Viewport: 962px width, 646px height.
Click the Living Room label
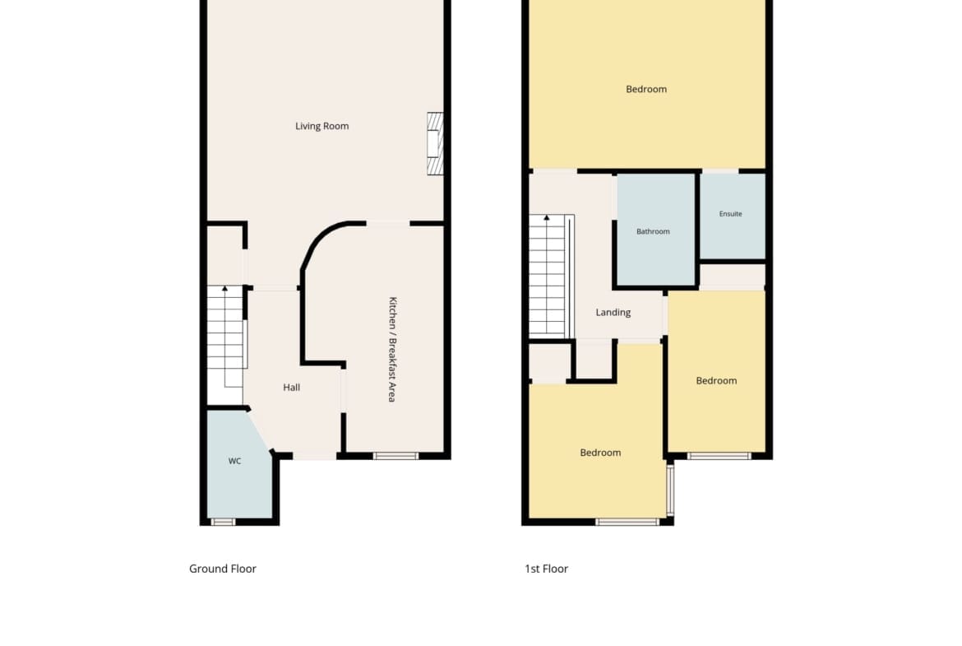pos(322,126)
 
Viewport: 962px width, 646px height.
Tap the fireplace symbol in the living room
pos(435,144)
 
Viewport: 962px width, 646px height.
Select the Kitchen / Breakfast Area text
pos(393,350)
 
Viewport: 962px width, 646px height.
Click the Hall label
pos(291,388)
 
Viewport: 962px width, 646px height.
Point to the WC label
pos(235,461)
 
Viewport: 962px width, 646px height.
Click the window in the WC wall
pos(224,522)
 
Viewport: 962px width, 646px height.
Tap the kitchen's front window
pos(395,456)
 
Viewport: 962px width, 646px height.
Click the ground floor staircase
pos(226,337)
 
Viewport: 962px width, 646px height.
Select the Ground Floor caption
pos(223,569)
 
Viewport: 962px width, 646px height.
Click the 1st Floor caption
pos(546,569)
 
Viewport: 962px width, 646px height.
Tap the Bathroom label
pos(653,231)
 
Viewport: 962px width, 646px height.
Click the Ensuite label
pos(731,214)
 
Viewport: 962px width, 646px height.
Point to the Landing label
pos(613,313)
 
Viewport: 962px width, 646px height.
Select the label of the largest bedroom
pos(646,89)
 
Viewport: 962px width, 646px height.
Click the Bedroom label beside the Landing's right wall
pos(717,381)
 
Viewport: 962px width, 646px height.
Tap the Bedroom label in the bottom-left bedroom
pos(601,453)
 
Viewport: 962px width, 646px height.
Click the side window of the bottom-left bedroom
pos(671,490)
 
